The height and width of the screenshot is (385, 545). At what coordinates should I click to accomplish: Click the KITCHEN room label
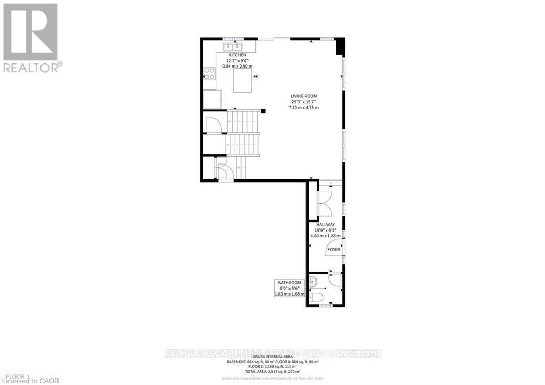237,55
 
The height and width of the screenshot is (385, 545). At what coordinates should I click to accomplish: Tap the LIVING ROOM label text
303,96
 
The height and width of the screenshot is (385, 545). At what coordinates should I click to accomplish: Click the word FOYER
334,249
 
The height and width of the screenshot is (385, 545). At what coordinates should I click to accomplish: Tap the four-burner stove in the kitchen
210,73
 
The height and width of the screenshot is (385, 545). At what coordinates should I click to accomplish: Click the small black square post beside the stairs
263,111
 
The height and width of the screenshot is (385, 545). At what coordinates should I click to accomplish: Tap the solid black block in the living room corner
340,47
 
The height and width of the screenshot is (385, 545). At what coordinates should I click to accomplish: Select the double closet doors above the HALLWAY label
324,203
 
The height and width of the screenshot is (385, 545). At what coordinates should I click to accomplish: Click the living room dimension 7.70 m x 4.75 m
303,108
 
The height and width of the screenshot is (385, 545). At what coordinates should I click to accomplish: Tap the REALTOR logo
32,38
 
